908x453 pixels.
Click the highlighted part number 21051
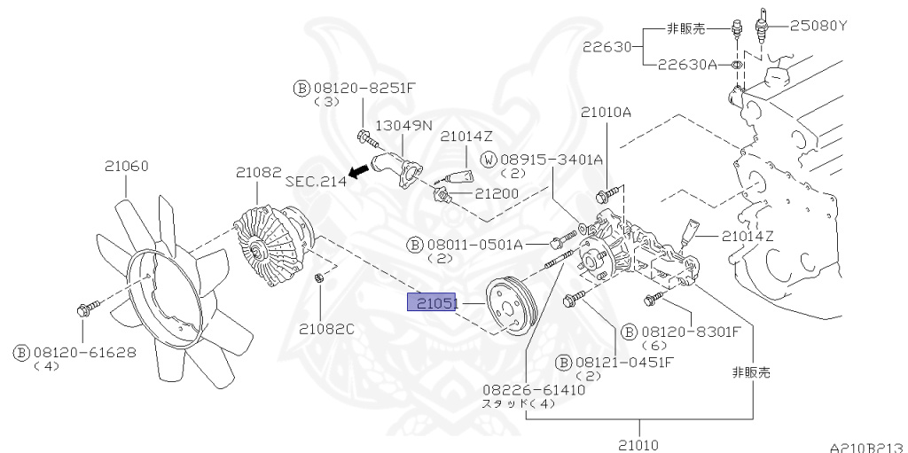(431, 303)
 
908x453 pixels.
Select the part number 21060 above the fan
(126, 165)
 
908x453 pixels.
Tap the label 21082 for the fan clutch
(258, 172)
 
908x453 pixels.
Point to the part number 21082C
(326, 329)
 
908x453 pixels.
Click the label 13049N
(403, 126)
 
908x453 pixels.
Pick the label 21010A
(607, 112)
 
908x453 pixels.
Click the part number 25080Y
(818, 25)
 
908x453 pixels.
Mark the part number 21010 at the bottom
(637, 444)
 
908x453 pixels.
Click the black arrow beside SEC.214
(358, 172)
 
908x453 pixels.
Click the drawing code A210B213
(867, 448)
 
